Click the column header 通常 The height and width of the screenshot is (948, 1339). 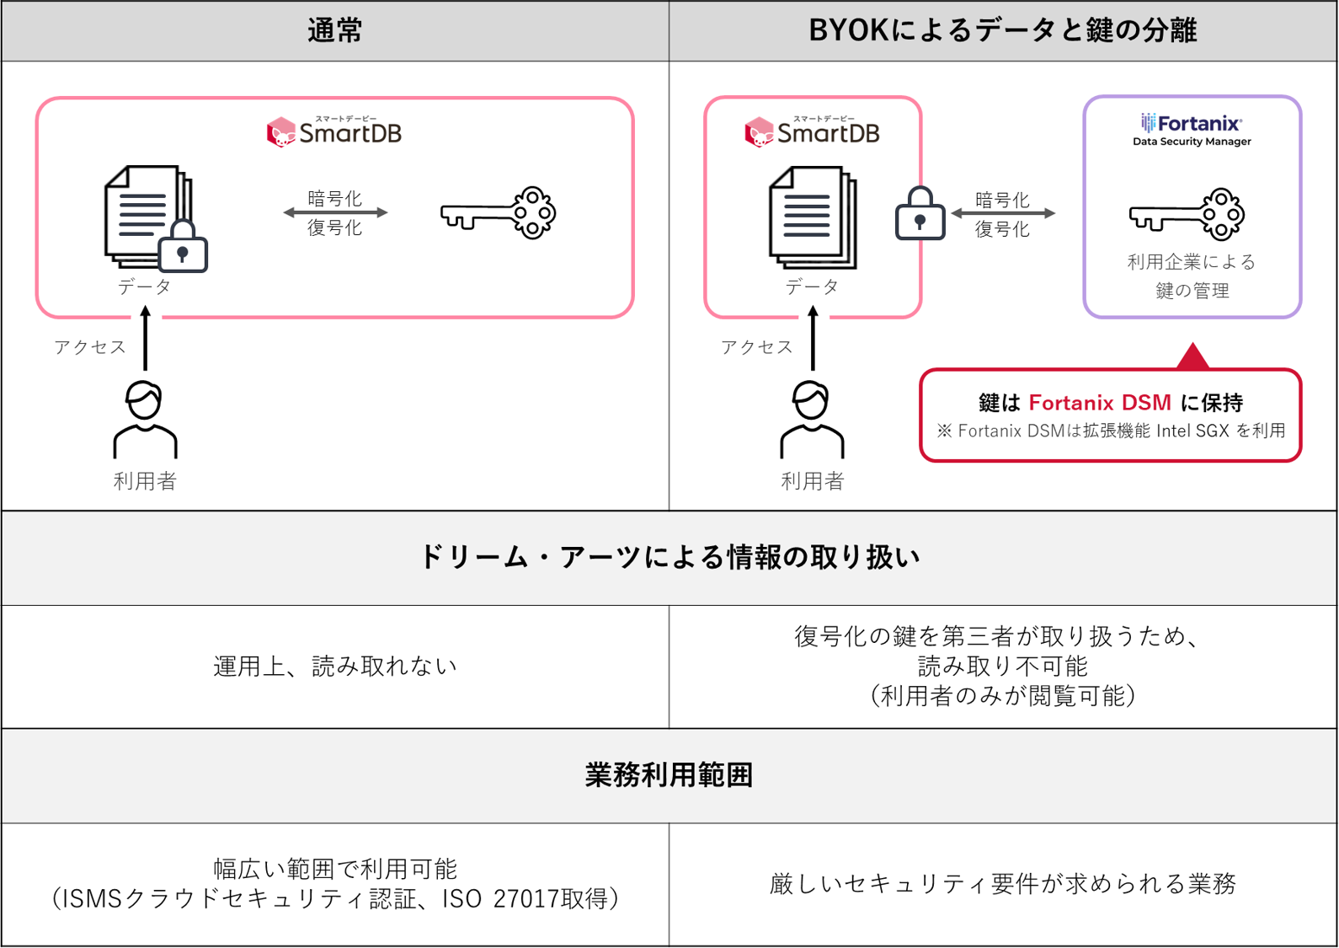(335, 31)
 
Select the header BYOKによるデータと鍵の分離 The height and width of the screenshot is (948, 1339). (1002, 31)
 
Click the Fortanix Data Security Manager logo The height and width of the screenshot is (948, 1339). (1192, 131)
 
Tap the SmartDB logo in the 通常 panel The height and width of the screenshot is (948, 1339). (334, 132)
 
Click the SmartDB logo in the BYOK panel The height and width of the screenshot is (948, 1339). (813, 132)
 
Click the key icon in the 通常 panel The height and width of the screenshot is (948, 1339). (498, 213)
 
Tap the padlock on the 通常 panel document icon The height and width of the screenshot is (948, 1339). (183, 248)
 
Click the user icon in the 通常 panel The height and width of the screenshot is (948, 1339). (145, 420)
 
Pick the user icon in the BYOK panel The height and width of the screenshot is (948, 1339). (812, 420)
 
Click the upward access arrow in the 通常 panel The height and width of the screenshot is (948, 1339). (145, 338)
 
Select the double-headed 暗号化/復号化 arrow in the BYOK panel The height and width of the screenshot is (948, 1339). (1002, 214)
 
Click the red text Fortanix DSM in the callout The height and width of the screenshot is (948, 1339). (1100, 403)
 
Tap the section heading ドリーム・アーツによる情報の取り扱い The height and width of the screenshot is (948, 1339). (669, 557)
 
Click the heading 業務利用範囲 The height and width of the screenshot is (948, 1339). (669, 775)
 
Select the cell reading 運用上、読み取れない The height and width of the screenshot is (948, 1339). (335, 667)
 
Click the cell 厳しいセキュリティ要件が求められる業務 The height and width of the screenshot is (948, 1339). (1002, 884)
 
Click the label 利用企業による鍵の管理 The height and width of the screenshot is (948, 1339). (1192, 276)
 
